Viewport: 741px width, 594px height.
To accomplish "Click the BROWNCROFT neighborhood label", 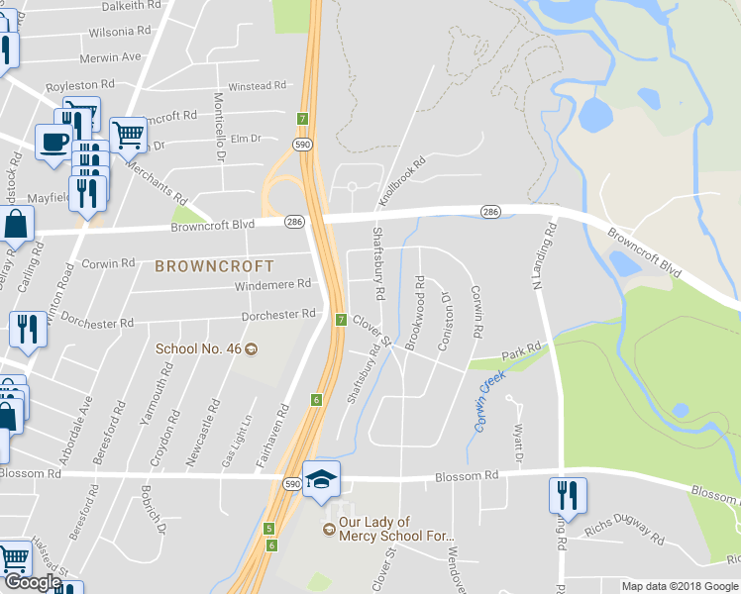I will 213,266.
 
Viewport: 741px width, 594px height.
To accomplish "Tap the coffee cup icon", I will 53,140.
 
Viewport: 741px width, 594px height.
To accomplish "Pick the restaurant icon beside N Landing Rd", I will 568,494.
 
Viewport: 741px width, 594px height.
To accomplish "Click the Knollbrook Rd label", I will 401,181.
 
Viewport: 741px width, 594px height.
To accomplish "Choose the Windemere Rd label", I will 272,284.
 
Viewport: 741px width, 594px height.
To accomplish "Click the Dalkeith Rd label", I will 125,6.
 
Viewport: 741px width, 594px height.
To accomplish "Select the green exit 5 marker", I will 268,529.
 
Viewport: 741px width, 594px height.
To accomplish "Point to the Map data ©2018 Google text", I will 680,586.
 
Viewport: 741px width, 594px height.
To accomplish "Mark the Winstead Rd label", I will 257,86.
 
